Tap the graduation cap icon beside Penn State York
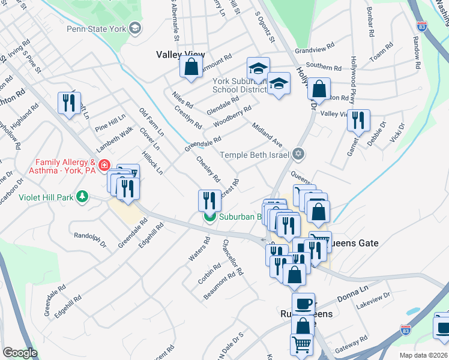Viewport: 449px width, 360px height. point(135,28)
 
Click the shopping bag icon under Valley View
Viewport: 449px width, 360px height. point(191,68)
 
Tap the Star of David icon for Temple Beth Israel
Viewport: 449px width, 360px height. point(298,155)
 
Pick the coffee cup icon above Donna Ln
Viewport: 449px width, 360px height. point(304,303)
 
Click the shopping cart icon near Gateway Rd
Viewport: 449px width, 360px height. point(302,344)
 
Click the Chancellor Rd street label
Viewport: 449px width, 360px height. point(233,257)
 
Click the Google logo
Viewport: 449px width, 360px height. point(20,353)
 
